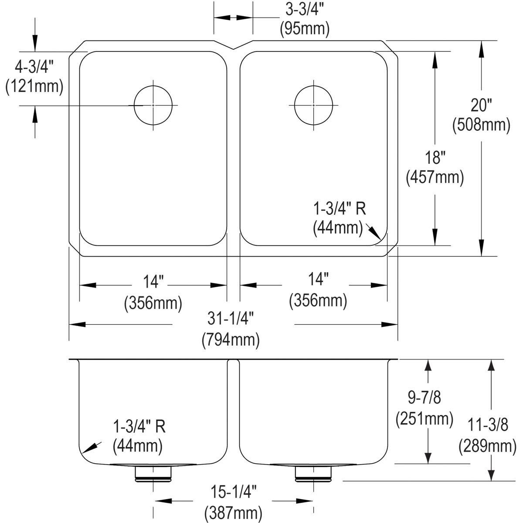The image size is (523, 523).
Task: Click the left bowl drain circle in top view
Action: point(153,105)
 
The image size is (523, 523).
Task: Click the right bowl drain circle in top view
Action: point(313,105)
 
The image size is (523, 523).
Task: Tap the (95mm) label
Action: point(304,29)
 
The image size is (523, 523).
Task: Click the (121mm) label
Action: point(34,86)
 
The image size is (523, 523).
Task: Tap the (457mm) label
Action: point(435,177)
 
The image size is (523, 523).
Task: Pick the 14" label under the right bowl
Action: point(318,280)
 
